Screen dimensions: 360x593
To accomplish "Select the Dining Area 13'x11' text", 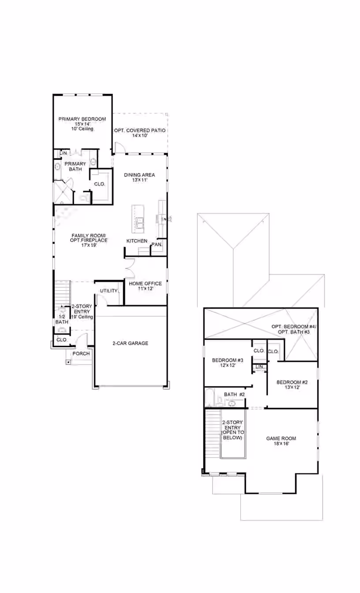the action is coord(139,177).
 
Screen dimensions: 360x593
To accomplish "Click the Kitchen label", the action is coord(137,241).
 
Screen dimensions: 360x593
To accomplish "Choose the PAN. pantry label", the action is coord(157,244).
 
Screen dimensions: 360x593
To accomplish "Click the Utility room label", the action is coord(109,291).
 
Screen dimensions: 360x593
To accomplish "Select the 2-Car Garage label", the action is coord(130,343).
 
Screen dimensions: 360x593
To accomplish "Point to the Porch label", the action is coord(81,354).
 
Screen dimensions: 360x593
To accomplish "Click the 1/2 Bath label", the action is coord(62,319).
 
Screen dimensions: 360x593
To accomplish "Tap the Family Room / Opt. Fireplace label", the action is coord(89,240).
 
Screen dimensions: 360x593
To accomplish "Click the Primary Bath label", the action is coord(75,166).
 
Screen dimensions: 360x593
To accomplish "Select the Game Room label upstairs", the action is coord(281,441).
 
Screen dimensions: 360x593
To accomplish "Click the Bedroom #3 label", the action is coord(227,363).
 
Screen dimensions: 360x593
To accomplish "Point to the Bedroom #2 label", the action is coord(292,385).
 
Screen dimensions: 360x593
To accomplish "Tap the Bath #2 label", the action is coord(234,394).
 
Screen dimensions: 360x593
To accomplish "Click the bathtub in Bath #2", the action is coord(210,398).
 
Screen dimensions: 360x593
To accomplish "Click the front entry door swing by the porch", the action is coord(82,339).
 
